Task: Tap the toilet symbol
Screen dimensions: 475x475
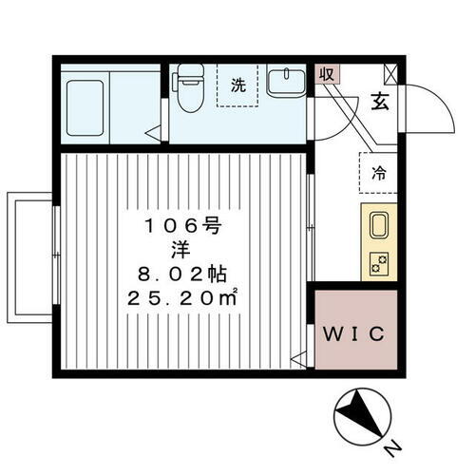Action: point(189,90)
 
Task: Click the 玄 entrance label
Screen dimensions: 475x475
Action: point(377,101)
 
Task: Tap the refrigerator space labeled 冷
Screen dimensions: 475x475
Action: point(378,174)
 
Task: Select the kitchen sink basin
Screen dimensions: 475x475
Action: point(377,228)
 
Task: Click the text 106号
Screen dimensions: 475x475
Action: point(182,225)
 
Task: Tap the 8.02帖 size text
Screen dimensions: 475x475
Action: point(182,276)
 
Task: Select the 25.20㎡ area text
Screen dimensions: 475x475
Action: point(184,301)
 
